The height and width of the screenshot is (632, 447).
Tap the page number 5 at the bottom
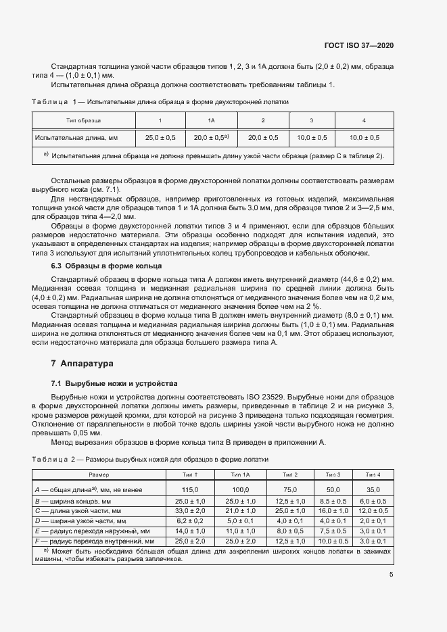pos(391,575)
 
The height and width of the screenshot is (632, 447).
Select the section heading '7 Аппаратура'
pos(82,364)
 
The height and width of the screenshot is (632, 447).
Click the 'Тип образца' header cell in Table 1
pos(84,120)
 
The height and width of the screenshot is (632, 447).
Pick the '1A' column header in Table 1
pos(211,120)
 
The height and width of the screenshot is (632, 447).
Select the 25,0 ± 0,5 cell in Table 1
pos(160,137)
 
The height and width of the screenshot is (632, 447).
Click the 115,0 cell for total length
pos(189,489)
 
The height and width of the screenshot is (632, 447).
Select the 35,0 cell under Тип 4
pos(373,489)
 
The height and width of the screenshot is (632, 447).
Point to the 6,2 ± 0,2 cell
pos(189,522)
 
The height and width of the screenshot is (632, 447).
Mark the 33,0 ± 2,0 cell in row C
pos(189,511)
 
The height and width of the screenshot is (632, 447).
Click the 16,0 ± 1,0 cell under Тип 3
pos(333,511)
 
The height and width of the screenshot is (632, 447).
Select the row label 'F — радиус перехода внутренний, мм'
pos(94,541)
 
